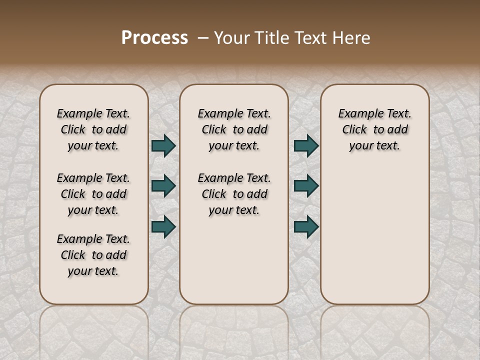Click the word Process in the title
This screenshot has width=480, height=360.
(154, 37)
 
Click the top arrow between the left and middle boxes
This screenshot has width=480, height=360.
(163, 146)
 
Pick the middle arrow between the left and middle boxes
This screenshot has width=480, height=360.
(163, 186)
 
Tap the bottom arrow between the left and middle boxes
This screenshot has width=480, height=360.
(163, 226)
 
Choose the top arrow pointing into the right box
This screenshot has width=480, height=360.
(306, 146)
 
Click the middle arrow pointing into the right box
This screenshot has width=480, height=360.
(306, 186)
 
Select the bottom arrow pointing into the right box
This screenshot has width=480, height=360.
(306, 226)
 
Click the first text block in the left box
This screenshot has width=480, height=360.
(93, 129)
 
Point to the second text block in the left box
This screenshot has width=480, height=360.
(93, 194)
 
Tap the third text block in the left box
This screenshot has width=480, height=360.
(93, 255)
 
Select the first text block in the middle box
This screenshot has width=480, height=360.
(234, 129)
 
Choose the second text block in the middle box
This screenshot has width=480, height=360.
(234, 194)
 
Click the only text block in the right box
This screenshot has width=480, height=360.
(375, 129)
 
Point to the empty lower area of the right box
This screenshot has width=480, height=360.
(375, 230)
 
